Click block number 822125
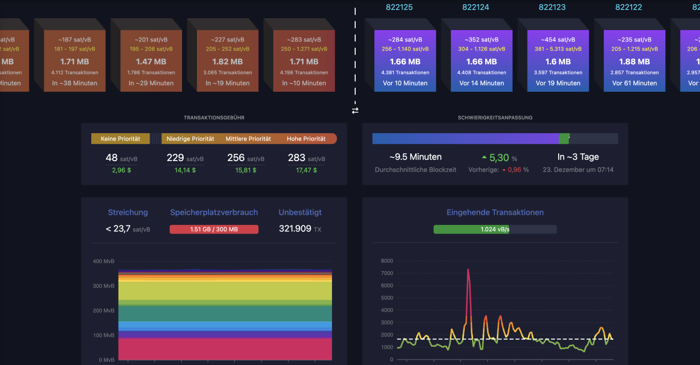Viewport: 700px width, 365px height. (399, 7)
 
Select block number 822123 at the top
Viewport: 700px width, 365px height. (552, 7)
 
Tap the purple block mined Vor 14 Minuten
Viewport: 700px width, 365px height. (482, 61)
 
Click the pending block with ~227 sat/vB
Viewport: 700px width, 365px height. (228, 61)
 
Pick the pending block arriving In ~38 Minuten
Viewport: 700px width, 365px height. (75, 61)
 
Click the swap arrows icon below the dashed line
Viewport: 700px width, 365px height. (355, 110)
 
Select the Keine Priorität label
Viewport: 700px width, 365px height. (120, 139)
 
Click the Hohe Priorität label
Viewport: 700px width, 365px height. (306, 139)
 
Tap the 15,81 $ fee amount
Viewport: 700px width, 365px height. (246, 170)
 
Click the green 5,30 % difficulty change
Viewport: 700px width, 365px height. (499, 158)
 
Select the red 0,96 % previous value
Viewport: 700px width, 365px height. (515, 170)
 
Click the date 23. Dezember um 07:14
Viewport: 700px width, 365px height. (578, 170)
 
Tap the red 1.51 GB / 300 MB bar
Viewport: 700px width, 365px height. (214, 229)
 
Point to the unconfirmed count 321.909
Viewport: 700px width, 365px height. (295, 229)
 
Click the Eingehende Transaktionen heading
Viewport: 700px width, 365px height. (495, 212)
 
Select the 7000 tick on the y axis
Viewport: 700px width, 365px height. (387, 273)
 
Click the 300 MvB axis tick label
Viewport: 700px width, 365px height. (104, 286)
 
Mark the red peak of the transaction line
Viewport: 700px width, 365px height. (468, 270)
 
